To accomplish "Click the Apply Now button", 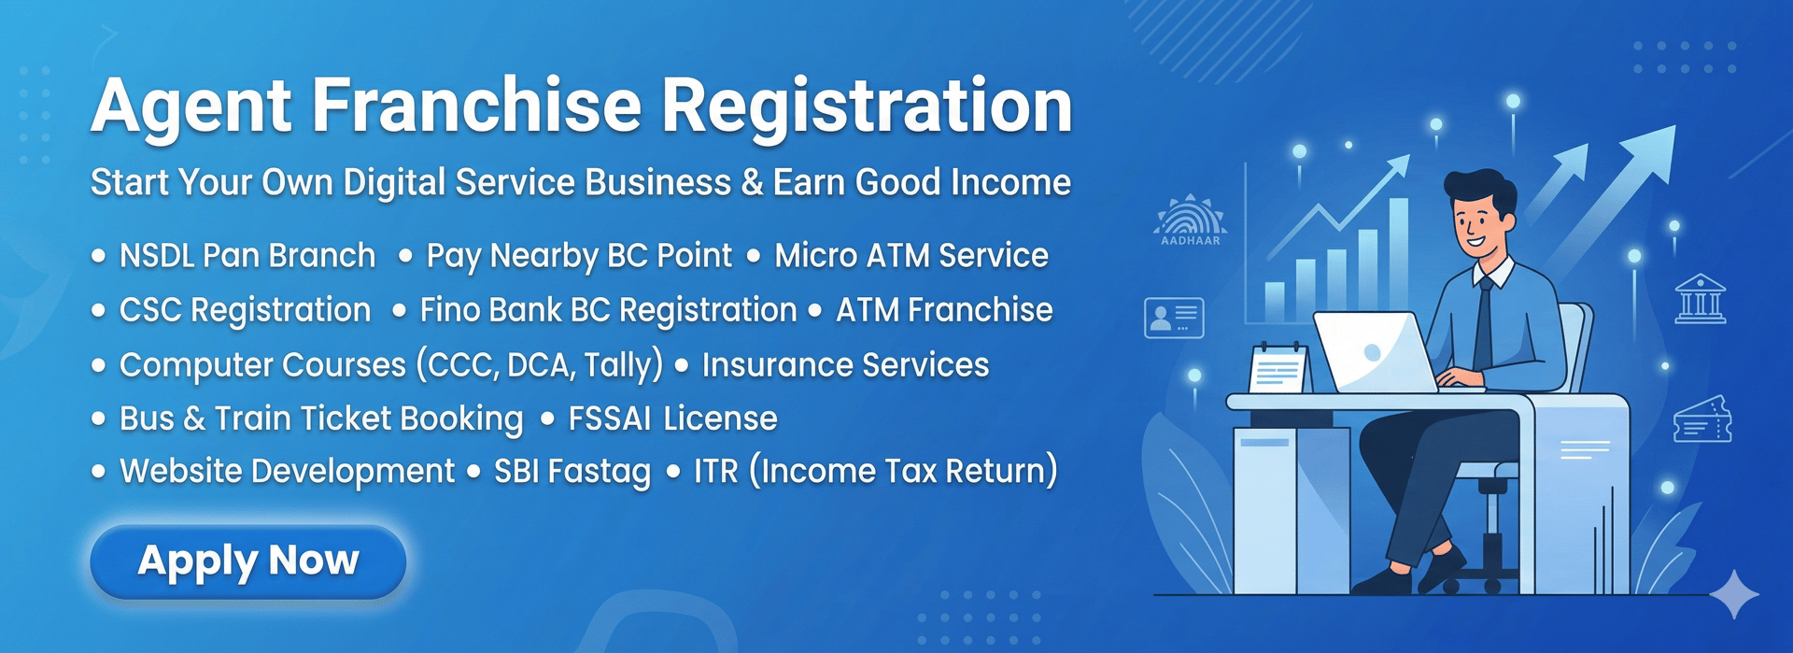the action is [248, 561].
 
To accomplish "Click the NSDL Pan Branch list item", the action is [247, 255].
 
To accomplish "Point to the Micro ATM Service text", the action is [911, 255].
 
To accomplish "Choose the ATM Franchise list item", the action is [944, 309].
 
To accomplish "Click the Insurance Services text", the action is [845, 364].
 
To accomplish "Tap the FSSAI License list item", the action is [672, 419].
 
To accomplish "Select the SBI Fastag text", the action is [572, 472].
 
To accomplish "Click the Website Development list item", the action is [288, 471].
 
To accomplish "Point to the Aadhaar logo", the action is [1191, 220].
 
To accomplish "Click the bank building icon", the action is [1701, 299].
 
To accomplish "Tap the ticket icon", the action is [1702, 419].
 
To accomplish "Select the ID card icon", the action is [1174, 318].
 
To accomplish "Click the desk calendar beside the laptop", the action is [1280, 368].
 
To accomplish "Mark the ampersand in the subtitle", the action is [752, 182].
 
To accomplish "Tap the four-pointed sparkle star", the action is [1734, 594].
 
